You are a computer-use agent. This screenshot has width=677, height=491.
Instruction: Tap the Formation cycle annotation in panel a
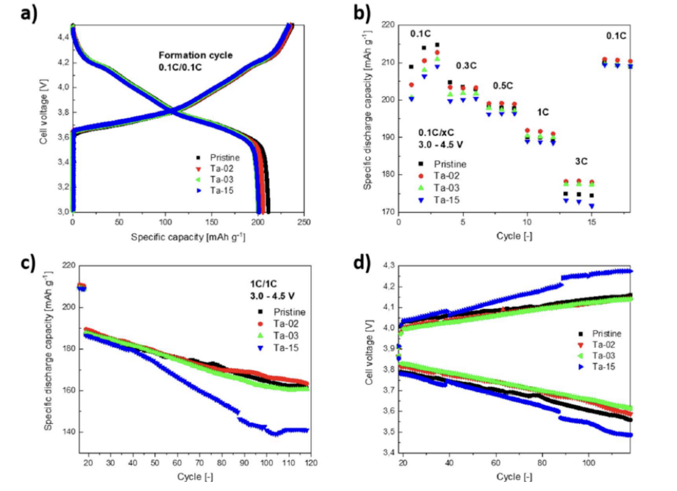[x=195, y=55]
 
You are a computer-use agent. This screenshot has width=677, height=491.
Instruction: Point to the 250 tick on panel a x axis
[x=304, y=222]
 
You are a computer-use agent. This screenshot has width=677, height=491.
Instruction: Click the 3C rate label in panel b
[x=581, y=161]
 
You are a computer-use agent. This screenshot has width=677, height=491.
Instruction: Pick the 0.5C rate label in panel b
[x=503, y=86]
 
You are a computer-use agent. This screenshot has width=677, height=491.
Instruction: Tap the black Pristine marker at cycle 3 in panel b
[x=437, y=45]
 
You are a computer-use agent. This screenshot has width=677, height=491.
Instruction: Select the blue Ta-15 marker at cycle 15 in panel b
[x=592, y=206]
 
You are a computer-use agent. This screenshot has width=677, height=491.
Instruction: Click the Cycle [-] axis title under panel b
[x=514, y=236]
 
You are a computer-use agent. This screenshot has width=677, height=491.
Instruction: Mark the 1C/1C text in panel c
[x=264, y=284]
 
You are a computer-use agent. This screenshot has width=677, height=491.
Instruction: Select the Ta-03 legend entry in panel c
[x=286, y=335]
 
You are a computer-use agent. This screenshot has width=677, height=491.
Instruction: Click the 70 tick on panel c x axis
[x=199, y=463]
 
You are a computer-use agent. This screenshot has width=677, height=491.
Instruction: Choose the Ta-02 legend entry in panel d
[x=603, y=345]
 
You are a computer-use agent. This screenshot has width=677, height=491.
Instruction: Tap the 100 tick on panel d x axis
[x=588, y=463]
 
